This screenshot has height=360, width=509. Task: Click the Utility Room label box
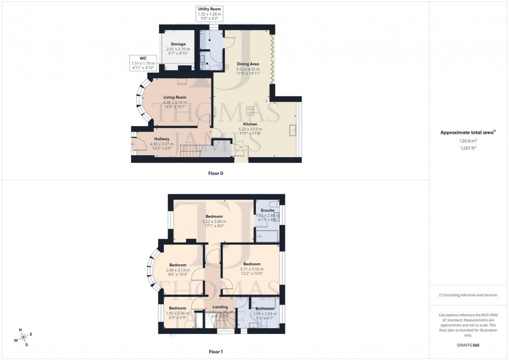click(x=210, y=13)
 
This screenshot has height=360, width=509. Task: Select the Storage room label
click(x=178, y=44)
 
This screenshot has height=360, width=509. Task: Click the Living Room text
click(x=175, y=97)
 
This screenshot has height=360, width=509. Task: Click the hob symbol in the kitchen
click(x=250, y=111)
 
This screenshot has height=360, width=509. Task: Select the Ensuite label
click(x=267, y=210)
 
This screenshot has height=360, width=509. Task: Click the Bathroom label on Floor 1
click(x=264, y=309)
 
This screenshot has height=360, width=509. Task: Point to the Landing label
click(x=221, y=307)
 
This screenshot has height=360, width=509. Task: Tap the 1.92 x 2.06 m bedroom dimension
click(x=177, y=313)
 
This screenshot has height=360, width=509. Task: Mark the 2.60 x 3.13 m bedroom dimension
click(x=178, y=270)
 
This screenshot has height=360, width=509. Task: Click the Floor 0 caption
click(x=215, y=173)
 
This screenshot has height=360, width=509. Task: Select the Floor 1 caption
click(x=215, y=352)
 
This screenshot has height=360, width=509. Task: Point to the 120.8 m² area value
click(x=468, y=140)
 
